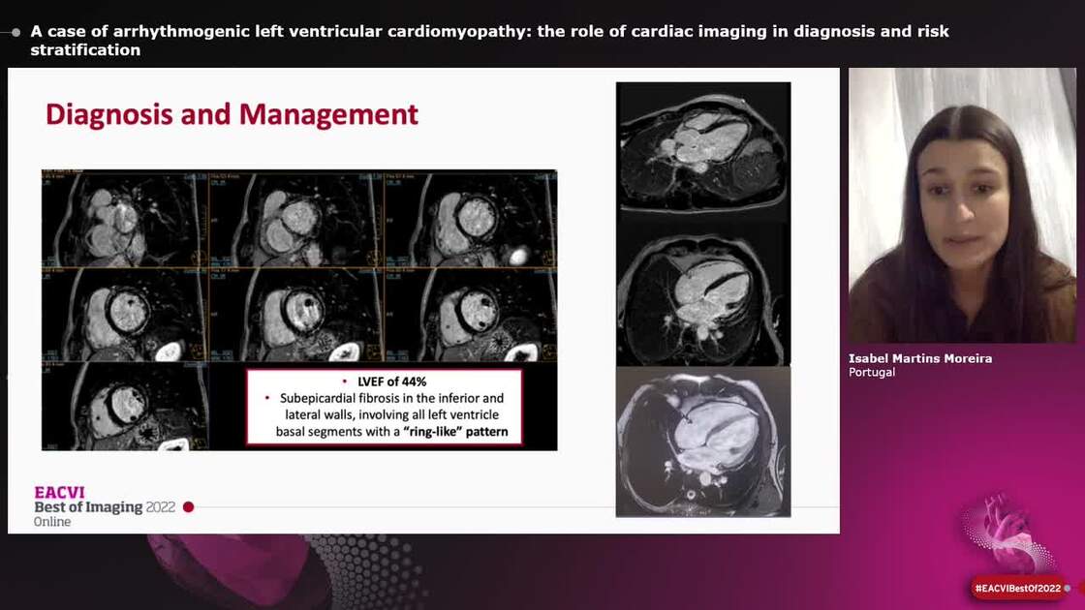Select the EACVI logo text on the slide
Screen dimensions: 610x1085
(x=59, y=492)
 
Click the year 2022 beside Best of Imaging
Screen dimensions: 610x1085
(x=161, y=507)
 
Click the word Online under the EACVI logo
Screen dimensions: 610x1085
(x=52, y=522)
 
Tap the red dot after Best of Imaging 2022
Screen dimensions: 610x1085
(x=189, y=507)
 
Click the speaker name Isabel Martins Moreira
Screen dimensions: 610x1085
(x=919, y=358)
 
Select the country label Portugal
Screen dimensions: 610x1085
(x=872, y=372)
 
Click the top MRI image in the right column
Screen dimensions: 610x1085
(x=702, y=147)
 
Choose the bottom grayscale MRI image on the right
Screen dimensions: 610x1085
(x=702, y=442)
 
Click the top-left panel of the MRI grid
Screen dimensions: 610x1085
(x=125, y=219)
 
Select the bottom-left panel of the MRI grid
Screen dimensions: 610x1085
(x=125, y=407)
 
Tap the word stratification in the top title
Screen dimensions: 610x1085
(x=85, y=50)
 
